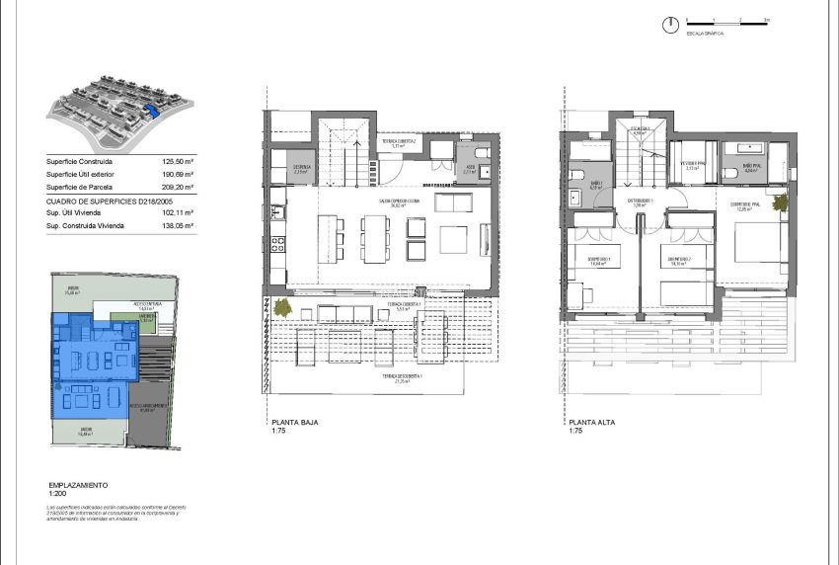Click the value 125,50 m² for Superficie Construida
(178, 161)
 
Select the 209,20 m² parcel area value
(178, 186)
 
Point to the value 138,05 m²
(178, 225)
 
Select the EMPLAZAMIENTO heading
(78, 486)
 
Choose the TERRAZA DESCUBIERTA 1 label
(395, 377)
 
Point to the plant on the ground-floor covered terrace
(282, 307)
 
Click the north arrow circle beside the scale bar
(670, 22)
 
